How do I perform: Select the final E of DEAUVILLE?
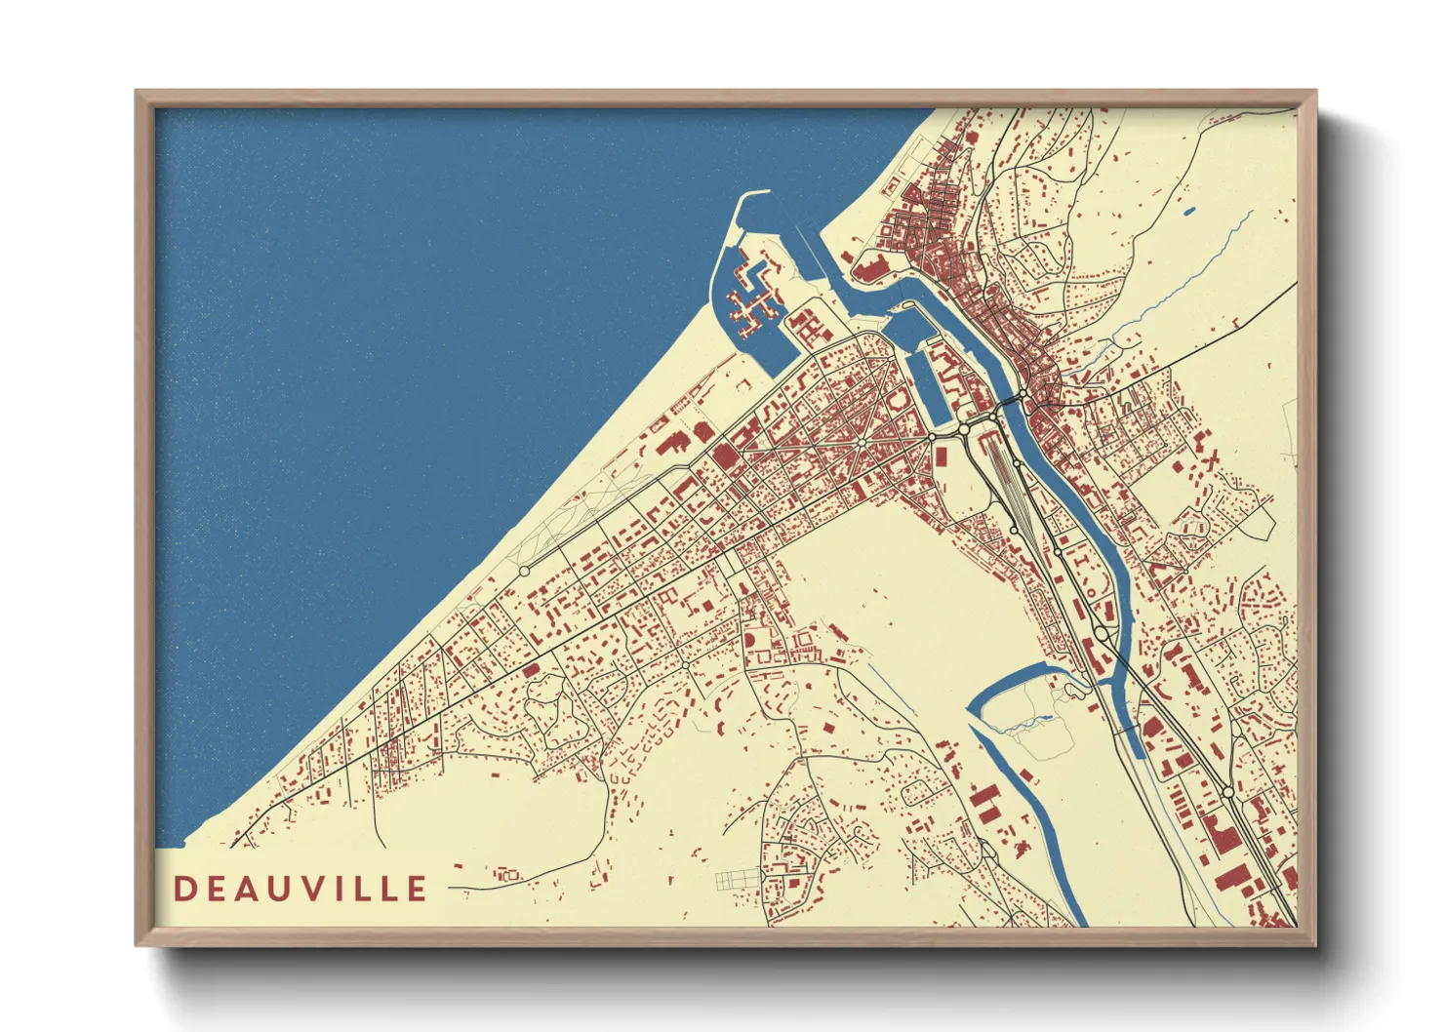(x=417, y=889)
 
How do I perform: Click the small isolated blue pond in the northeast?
(x=1188, y=211)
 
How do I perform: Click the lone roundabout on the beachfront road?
(x=524, y=571)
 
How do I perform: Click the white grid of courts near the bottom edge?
(x=737, y=881)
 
